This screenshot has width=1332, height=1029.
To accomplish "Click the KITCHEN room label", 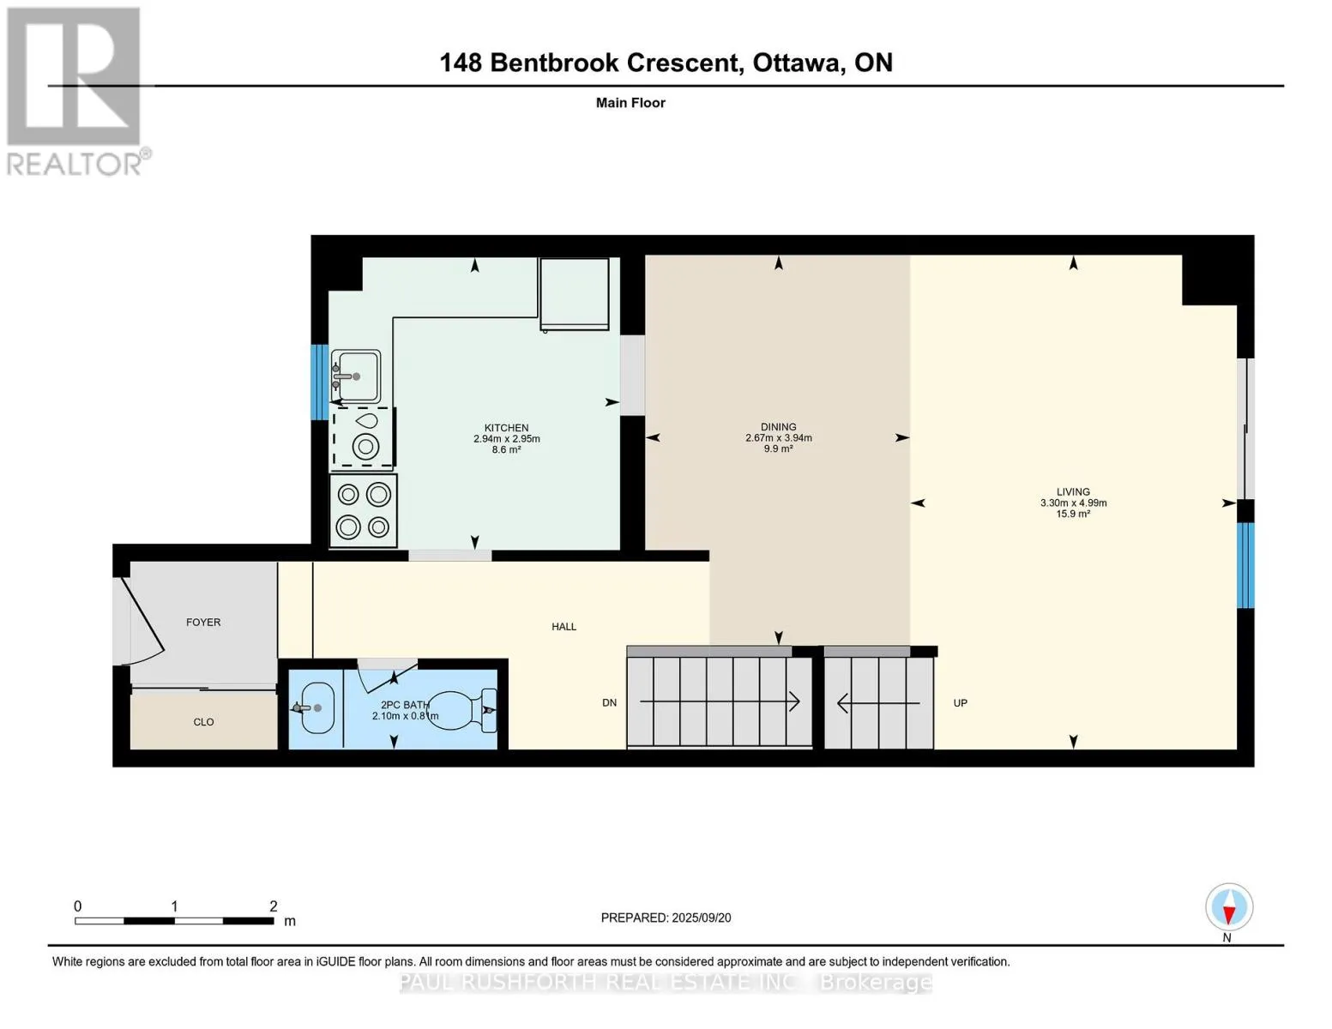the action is click(x=506, y=428).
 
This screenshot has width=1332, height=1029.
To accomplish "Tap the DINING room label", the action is click(x=779, y=426).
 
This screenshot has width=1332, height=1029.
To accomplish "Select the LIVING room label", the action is click(x=1073, y=491).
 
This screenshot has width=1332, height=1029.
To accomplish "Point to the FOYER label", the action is click(x=203, y=622).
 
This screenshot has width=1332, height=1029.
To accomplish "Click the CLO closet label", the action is click(x=203, y=722).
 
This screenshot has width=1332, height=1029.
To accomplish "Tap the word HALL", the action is click(x=564, y=626).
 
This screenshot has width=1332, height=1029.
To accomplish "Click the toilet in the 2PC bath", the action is click(x=461, y=710).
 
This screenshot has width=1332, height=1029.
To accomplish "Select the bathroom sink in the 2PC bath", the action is click(x=315, y=707).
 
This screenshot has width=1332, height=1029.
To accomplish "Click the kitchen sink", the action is click(x=356, y=376).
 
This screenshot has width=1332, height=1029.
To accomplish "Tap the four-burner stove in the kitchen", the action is click(x=364, y=510).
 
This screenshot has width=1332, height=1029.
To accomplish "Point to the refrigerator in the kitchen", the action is click(x=575, y=294).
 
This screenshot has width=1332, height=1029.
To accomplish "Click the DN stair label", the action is click(x=609, y=703).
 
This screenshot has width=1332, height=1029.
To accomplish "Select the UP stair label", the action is click(x=961, y=703).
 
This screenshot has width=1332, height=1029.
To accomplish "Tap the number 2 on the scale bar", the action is click(x=274, y=906).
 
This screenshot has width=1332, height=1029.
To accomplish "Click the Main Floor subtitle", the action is click(x=630, y=103).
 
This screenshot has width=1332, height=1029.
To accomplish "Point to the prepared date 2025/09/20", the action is click(x=702, y=918).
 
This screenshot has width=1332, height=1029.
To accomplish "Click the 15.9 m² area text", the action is click(x=1073, y=514).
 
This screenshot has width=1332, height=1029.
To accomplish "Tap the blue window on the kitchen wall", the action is click(x=320, y=382).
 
